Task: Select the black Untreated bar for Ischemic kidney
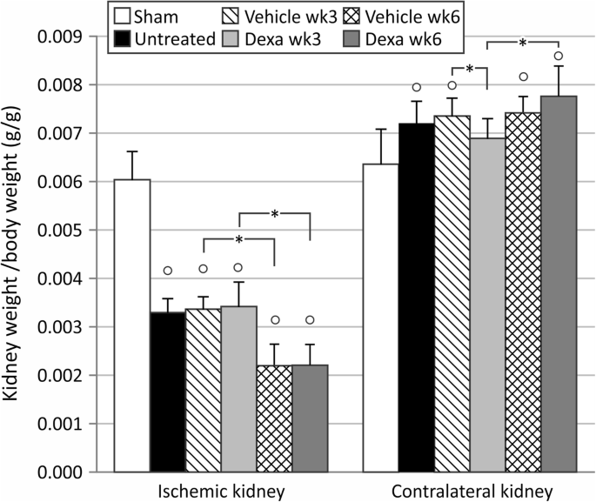tap(167, 392)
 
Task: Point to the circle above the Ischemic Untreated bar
tap(168, 271)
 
